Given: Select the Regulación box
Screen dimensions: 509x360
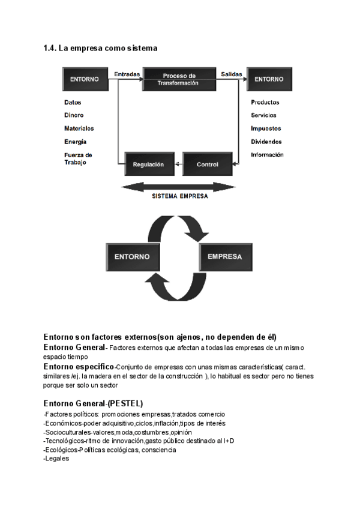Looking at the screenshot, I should click(x=148, y=164).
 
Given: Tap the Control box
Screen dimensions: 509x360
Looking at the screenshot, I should click(x=208, y=164).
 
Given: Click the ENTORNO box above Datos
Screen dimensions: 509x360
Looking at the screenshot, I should click(x=84, y=79).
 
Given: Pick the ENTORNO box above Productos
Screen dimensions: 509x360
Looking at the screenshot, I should click(x=269, y=79).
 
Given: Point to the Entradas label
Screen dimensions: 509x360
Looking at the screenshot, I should click(x=127, y=75).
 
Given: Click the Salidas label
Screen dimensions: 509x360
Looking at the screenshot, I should click(x=231, y=75).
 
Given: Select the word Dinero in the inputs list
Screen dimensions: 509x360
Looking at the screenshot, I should click(x=74, y=115).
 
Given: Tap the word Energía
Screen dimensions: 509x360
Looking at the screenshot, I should click(x=75, y=142).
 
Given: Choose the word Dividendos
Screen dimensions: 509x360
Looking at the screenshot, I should click(x=266, y=142).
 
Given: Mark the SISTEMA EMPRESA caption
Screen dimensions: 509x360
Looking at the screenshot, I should click(x=179, y=196).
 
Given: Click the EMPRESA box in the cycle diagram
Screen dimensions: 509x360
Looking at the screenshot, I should click(x=224, y=256).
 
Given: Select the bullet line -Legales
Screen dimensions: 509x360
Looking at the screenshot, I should click(x=57, y=459).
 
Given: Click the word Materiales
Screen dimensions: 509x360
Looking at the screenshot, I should click(x=79, y=128).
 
